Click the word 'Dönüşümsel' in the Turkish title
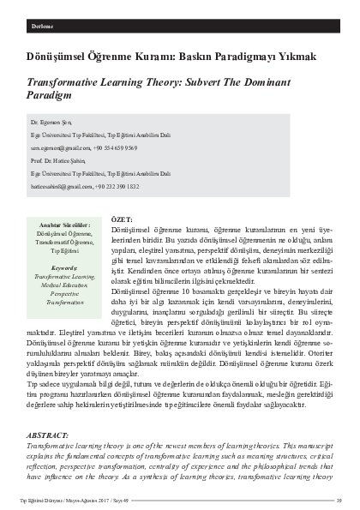pyautogui.click(x=55, y=57)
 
